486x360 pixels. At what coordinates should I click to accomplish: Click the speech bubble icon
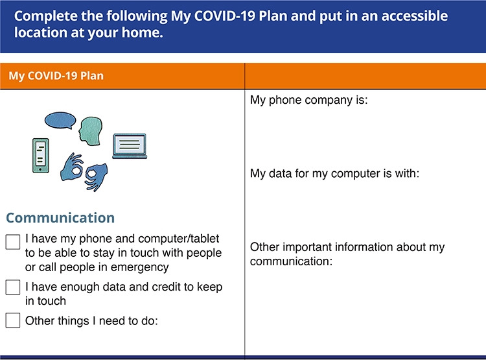click(x=60, y=120)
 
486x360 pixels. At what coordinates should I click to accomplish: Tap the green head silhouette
click(x=91, y=130)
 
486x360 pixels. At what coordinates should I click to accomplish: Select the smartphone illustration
click(x=41, y=156)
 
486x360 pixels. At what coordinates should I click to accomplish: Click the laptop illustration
click(x=130, y=146)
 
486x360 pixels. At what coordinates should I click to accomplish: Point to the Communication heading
click(x=60, y=218)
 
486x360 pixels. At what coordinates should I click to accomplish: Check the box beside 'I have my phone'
click(x=13, y=242)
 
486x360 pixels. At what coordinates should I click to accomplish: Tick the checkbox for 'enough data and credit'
click(x=13, y=287)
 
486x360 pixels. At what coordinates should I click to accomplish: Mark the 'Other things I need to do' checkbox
click(x=13, y=320)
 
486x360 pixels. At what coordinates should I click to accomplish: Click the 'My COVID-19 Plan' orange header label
click(x=56, y=76)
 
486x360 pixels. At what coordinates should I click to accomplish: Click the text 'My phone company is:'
click(x=308, y=100)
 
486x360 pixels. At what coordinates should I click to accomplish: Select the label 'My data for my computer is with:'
click(x=334, y=173)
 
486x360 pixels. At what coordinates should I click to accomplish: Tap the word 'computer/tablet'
click(x=179, y=239)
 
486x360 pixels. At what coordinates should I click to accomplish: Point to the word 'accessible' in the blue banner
click(x=415, y=16)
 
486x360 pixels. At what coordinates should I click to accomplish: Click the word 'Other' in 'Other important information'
click(x=264, y=247)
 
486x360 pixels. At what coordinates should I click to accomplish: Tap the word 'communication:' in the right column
click(x=291, y=261)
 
